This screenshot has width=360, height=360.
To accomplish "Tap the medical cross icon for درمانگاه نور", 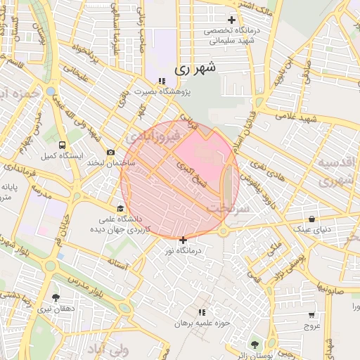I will pos(184,240).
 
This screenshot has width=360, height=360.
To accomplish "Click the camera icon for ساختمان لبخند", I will pos(110,153).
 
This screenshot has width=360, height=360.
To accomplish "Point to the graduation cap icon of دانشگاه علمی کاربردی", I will pos(120,209).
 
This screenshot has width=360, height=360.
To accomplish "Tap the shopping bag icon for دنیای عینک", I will pos(311,219).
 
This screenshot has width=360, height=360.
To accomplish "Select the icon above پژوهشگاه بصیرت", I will pos(162,81).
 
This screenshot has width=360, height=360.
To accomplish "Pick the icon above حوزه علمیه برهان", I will pos(202,311).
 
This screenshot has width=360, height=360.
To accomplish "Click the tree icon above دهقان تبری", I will pos(56,297).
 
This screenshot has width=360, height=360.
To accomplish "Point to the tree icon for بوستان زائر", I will pos(254,345).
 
